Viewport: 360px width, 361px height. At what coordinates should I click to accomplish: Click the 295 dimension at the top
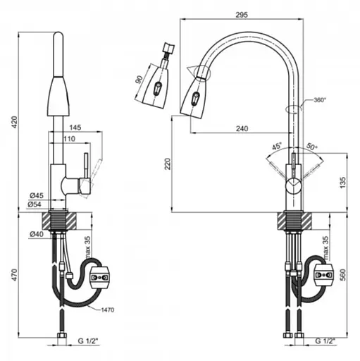(x=242, y=15)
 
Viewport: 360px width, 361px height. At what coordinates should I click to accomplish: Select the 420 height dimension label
(x=15, y=122)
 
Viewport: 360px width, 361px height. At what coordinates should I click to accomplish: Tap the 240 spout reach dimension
(x=242, y=128)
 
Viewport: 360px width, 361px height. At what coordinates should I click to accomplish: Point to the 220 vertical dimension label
(x=168, y=164)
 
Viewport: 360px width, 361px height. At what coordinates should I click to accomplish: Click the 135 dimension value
(x=342, y=183)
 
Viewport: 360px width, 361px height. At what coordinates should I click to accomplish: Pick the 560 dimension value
(x=342, y=275)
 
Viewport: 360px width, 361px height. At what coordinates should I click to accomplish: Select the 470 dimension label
(x=15, y=275)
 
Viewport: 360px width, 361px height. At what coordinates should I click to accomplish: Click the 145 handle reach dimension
(x=75, y=128)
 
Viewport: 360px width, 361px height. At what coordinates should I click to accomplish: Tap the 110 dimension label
(x=69, y=139)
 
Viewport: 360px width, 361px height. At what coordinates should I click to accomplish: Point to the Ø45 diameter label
(x=37, y=195)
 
